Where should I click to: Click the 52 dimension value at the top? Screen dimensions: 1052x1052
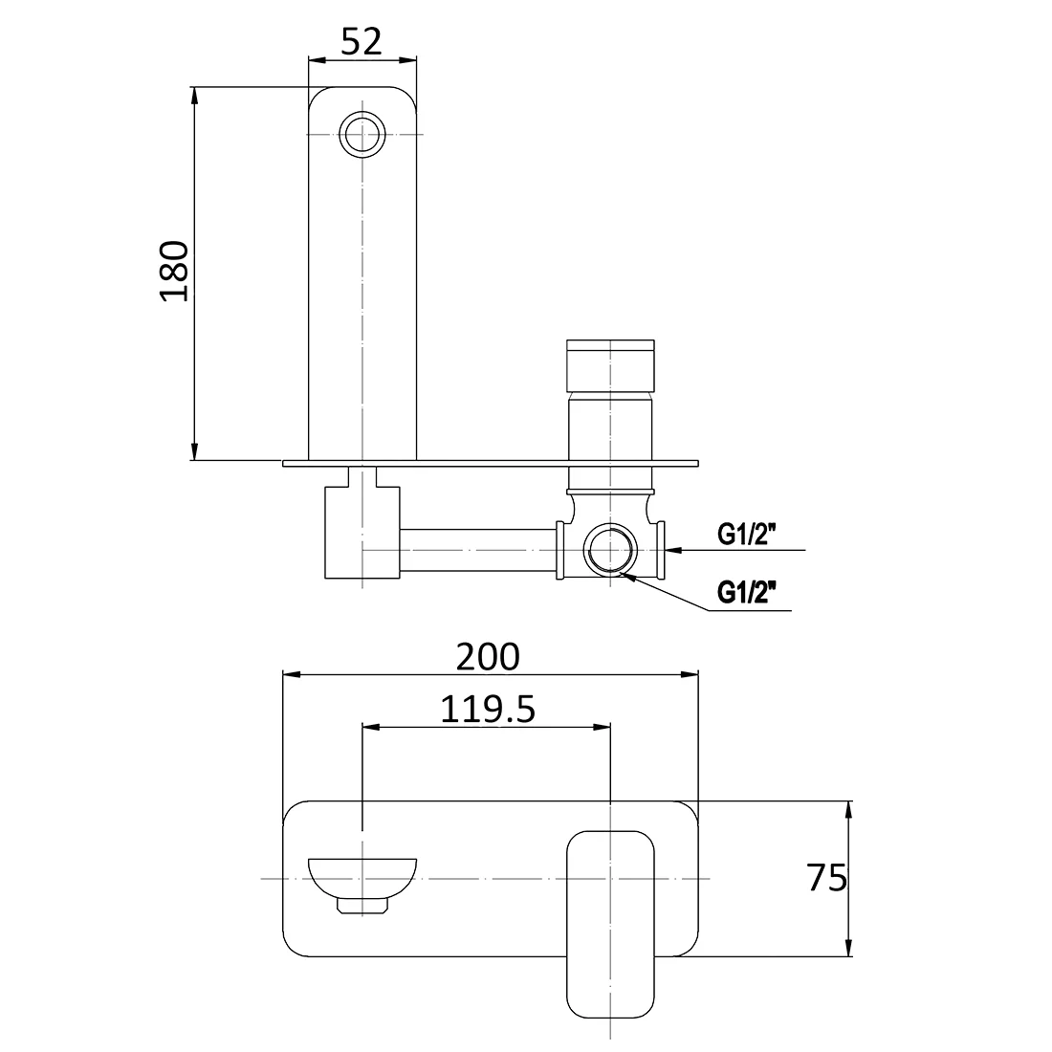pyautogui.click(x=362, y=41)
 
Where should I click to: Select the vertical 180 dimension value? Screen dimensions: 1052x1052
pyautogui.click(x=174, y=271)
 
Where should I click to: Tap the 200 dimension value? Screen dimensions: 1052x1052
pyautogui.click(x=488, y=657)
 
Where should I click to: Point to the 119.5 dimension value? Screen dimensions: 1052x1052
pyautogui.click(x=488, y=710)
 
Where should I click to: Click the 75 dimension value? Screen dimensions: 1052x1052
pyautogui.click(x=826, y=878)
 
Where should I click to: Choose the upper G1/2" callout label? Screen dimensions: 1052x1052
pyautogui.click(x=747, y=535)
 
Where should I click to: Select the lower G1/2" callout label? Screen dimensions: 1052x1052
pyautogui.click(x=747, y=593)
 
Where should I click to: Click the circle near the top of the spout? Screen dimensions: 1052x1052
pyautogui.click(x=362, y=134)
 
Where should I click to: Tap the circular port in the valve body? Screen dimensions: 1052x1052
pyautogui.click(x=610, y=550)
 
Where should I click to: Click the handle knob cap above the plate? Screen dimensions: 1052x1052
pyautogui.click(x=610, y=365)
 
